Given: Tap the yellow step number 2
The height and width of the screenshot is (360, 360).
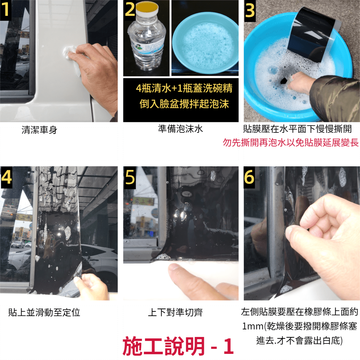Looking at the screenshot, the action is point(130,10).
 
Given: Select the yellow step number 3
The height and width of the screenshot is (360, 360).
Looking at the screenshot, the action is point(250,10).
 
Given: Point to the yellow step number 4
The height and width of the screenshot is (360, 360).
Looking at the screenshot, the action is point(6,177).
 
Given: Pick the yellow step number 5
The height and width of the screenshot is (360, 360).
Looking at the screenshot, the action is point(130,177).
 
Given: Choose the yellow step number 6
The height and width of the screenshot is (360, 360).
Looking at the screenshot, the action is point(249,177).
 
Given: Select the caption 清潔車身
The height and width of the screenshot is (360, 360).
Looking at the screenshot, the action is point(39,130).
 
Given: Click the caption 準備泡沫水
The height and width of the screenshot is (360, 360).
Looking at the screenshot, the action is point(180,129).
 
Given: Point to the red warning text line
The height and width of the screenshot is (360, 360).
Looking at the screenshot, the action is point(291,143).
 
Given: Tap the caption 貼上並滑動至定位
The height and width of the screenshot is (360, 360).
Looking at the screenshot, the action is point(44,312).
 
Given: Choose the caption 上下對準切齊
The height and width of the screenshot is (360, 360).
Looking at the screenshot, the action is point(175,312).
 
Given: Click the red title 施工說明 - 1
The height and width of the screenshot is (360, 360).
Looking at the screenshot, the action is point(178,346).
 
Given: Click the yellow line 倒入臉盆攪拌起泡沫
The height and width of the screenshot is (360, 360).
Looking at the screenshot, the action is point(184,104).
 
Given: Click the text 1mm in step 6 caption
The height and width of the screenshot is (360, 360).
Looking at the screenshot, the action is point(253,326).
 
